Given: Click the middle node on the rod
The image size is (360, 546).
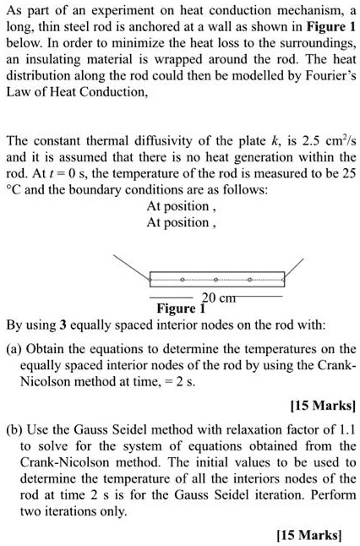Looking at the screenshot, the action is coord(215,278).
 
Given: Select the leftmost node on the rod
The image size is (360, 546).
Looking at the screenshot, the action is coord(182,278).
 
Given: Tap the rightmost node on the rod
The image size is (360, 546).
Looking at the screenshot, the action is coord(249,278).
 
